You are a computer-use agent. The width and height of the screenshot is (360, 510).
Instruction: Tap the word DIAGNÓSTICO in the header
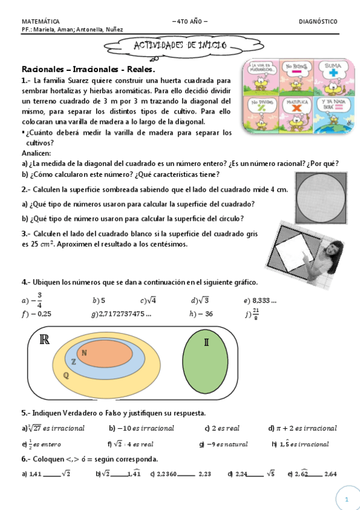(318, 22)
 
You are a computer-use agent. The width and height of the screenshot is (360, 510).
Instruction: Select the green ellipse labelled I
(206, 361)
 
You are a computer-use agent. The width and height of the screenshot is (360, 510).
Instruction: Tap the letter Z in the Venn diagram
(73, 362)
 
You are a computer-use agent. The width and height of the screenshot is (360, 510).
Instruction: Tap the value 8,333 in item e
(264, 300)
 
